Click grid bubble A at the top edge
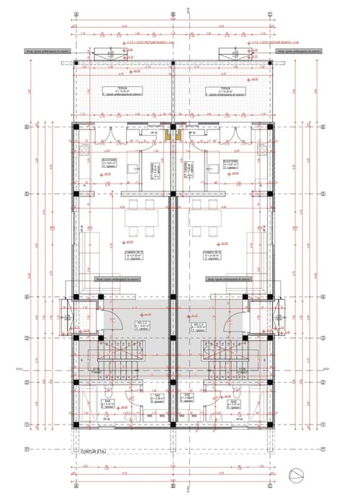(x=75, y=14)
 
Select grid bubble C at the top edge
(x=268, y=14)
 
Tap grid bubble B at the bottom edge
(x=171, y=484)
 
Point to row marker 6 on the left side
(x=27, y=127)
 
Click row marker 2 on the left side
(x=27, y=382)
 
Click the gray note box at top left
(x=36, y=52)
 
